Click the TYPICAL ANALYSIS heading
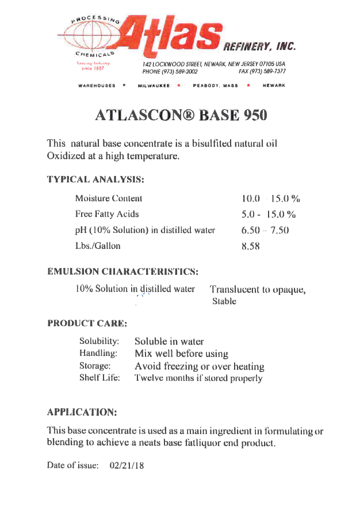pyautogui.click(x=95, y=179)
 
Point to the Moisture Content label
pyautogui.click(x=109, y=198)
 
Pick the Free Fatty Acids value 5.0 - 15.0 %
pyautogui.click(x=269, y=214)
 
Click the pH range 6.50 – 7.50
pyautogui.click(x=265, y=231)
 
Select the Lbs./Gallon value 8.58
pyautogui.click(x=251, y=246)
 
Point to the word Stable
pyautogui.click(x=224, y=301)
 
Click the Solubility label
pyautogui.click(x=99, y=341)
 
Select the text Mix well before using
pyautogui.click(x=181, y=354)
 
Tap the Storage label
pyautogui.click(x=94, y=366)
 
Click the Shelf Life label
pyautogui.click(x=99, y=378)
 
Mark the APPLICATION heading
pyautogui.click(x=82, y=412)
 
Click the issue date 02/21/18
pyautogui.click(x=127, y=465)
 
